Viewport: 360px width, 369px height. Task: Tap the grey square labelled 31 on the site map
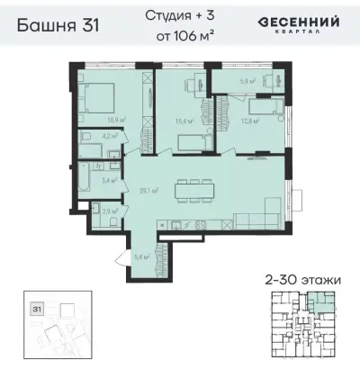coord(37,308)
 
